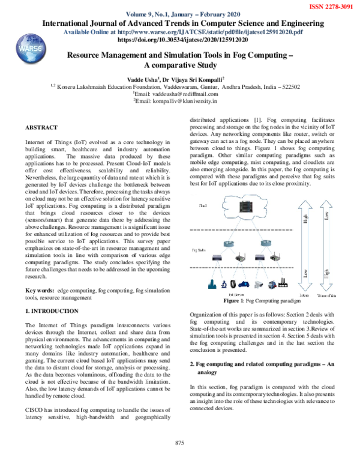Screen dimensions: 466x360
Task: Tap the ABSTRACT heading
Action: click(x=41, y=127)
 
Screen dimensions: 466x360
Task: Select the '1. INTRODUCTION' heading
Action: click(x=52, y=311)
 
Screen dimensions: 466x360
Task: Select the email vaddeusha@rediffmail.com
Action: click(x=182, y=94)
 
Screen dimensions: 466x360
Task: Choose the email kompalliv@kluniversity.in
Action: click(x=182, y=101)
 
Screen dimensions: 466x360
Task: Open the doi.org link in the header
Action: click(x=179, y=39)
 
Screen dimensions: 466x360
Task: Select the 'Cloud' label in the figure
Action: click(x=202, y=206)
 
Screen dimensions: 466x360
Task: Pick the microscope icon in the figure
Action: click(x=223, y=284)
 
